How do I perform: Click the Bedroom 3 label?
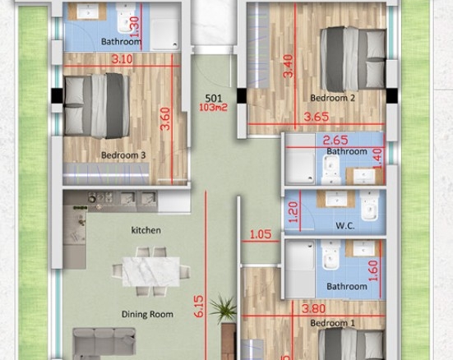click(123, 155)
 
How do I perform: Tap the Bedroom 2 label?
click(332, 98)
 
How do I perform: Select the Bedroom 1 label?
click(332, 323)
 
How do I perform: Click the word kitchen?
click(146, 230)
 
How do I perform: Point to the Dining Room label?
click(147, 314)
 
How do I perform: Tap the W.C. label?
click(345, 226)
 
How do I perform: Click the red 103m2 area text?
click(214, 108)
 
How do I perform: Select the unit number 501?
click(214, 99)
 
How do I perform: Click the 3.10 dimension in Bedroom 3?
click(122, 59)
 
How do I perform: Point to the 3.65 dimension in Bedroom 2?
click(317, 117)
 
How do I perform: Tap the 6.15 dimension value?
click(199, 307)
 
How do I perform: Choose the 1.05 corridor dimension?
click(261, 234)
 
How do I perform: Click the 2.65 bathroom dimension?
click(335, 141)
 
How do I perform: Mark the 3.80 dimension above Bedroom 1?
click(313, 309)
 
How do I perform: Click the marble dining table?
click(151, 271)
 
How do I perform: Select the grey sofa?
click(104, 344)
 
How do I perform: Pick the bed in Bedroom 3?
click(97, 106)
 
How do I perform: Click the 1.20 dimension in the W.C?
click(293, 212)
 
